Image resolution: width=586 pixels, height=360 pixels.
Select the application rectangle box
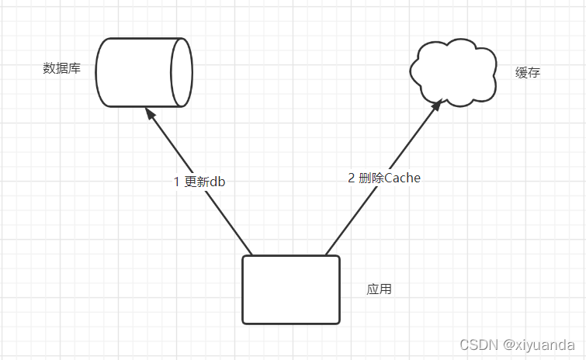click(290, 289)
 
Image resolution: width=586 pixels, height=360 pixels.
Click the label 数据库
click(62, 68)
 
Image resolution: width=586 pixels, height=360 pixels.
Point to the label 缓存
click(527, 73)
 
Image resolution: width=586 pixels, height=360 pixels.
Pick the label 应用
click(379, 289)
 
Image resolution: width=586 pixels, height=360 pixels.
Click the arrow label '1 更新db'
click(199, 182)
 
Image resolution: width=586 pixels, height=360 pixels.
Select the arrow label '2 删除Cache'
click(384, 178)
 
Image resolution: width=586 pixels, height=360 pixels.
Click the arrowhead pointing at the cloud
click(437, 104)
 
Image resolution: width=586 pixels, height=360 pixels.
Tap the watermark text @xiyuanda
click(539, 344)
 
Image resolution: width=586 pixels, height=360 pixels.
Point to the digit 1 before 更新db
click(177, 182)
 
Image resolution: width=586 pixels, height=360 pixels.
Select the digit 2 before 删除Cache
click(352, 178)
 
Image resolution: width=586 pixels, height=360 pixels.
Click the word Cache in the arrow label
click(402, 178)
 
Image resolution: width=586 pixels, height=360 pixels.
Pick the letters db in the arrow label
click(217, 182)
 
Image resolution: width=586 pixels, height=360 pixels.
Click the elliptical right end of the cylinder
click(182, 72)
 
